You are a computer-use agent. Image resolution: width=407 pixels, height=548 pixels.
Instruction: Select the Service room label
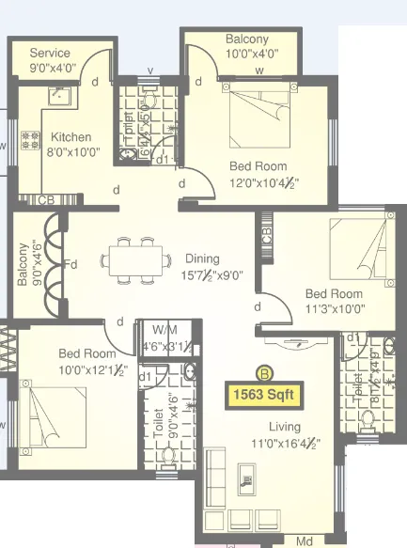click(50, 54)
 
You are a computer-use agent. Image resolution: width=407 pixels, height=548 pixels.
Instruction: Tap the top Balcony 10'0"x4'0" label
click(246, 39)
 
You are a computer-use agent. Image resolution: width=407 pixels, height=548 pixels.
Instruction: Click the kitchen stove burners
click(31, 141)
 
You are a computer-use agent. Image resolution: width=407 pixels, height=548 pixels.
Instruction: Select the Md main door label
click(304, 542)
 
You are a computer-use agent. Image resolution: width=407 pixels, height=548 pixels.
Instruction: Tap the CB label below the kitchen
click(44, 200)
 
